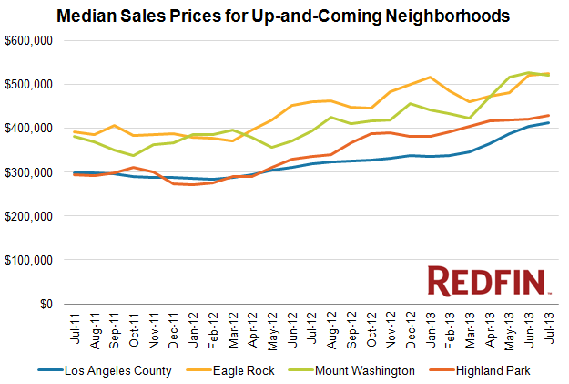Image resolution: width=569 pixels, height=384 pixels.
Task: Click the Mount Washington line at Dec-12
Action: point(412,103)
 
